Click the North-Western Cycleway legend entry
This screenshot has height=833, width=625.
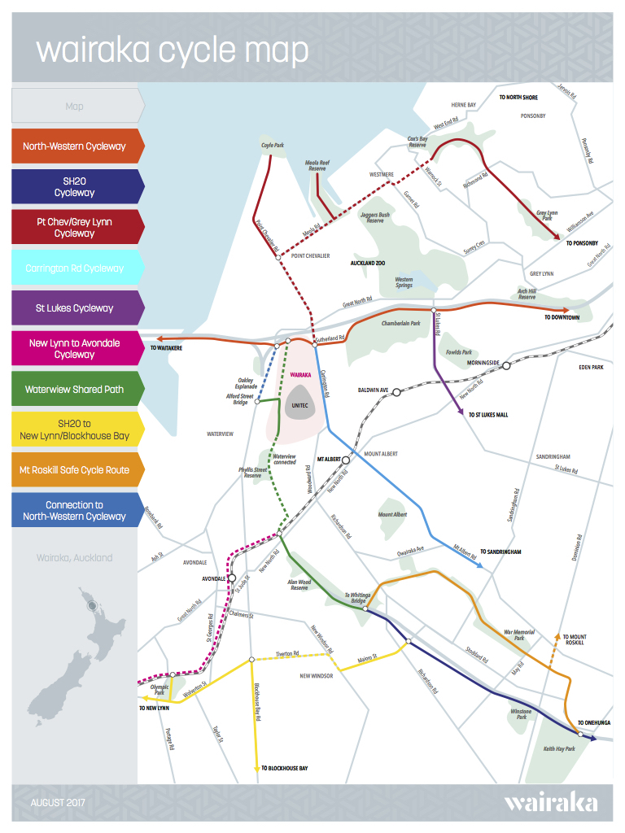pyautogui.click(x=75, y=146)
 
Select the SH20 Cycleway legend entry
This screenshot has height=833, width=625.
pyautogui.click(x=75, y=186)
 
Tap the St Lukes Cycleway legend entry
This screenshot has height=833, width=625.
pyautogui.click(x=75, y=308)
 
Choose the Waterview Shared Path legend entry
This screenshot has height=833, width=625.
pyautogui.click(x=75, y=389)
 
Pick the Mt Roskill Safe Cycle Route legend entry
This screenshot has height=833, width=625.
pyautogui.click(x=75, y=469)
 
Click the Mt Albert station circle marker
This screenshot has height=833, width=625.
pyautogui.click(x=346, y=460)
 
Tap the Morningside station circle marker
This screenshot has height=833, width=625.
pyautogui.click(x=506, y=366)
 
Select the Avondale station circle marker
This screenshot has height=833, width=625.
pyautogui.click(x=232, y=578)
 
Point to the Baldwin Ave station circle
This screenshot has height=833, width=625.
pyautogui.click(x=397, y=392)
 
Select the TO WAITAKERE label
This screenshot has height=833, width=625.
pyautogui.click(x=166, y=348)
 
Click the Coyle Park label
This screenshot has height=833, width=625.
pyautogui.click(x=272, y=146)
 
